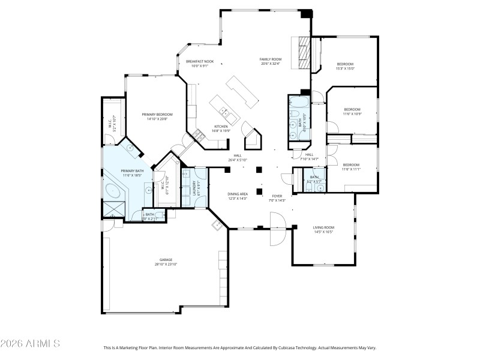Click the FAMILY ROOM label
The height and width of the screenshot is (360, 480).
(x=270, y=59)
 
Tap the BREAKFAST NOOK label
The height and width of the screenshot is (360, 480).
(x=200, y=61)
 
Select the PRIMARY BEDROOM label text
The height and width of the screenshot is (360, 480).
(x=157, y=114)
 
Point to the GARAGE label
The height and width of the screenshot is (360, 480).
(x=166, y=260)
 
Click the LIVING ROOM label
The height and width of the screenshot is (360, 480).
(x=323, y=227)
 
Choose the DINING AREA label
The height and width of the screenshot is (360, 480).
(x=238, y=194)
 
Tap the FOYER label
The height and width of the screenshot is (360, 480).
(x=277, y=196)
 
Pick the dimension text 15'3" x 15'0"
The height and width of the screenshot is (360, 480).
(x=345, y=68)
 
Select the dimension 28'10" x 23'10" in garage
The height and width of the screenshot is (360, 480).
(x=166, y=264)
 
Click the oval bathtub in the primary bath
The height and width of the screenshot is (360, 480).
(x=114, y=191)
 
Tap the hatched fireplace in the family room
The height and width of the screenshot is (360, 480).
(x=303, y=54)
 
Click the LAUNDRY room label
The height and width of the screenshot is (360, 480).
(x=194, y=187)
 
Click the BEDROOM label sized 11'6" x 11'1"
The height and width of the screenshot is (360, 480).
(x=351, y=164)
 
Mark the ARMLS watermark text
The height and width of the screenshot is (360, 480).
(x=30, y=344)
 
